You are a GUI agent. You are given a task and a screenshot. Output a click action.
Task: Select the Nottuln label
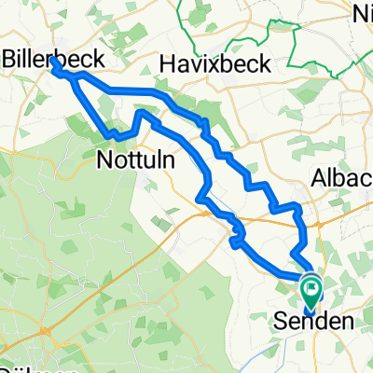pos(131,161)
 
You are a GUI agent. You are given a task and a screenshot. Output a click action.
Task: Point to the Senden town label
pos(317,323)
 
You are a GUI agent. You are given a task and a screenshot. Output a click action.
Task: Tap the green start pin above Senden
pos(310,286)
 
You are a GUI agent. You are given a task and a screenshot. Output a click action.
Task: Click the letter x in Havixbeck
pos(201,63)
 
